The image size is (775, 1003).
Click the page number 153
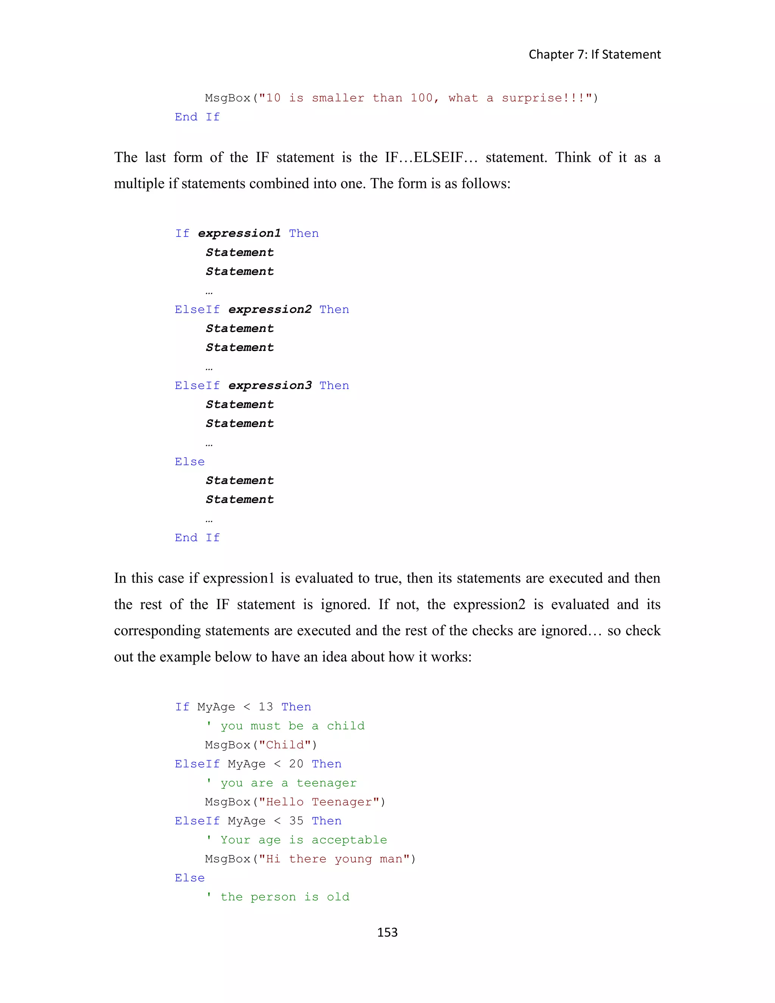[387, 932]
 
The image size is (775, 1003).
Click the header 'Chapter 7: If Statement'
[594, 55]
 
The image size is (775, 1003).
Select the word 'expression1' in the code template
[239, 233]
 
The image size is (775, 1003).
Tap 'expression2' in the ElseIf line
[270, 310]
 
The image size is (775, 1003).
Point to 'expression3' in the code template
[270, 386]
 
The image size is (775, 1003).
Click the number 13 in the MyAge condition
[265, 707]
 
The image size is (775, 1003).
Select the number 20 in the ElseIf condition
[296, 764]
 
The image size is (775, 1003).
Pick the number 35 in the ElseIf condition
[296, 821]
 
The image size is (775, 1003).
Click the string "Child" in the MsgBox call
[285, 745]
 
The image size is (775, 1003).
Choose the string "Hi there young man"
[334, 859]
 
